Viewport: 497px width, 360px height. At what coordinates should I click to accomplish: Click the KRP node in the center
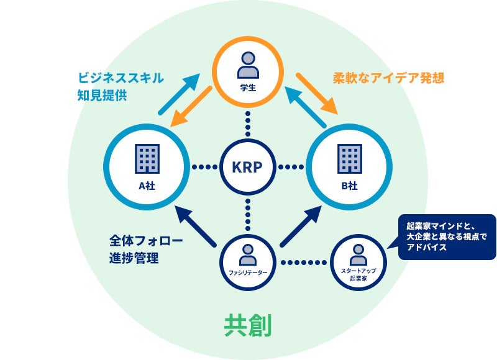click(248, 167)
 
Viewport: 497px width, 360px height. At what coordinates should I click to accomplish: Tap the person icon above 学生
click(248, 63)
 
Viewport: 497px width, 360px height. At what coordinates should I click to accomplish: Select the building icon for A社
click(147, 159)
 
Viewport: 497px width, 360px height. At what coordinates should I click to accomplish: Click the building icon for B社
click(349, 159)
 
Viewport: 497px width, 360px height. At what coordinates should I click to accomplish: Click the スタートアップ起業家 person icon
click(357, 253)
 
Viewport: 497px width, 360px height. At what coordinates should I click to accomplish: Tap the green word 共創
click(247, 325)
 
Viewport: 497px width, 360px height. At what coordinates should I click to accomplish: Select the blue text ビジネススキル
click(121, 78)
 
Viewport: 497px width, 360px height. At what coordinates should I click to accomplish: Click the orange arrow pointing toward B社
click(316, 94)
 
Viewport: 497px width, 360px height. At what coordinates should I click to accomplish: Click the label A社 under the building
click(147, 185)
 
